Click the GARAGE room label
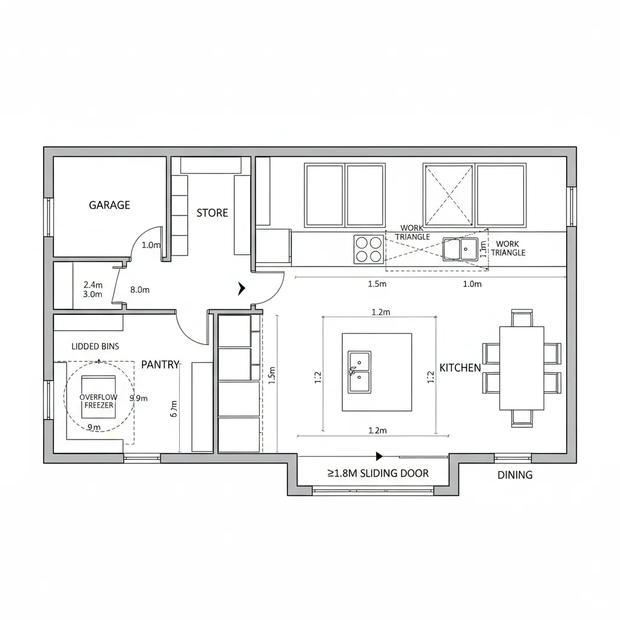point(110,205)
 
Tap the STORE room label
point(213,213)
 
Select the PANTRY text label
point(160,364)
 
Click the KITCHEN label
point(460,368)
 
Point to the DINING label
point(515,475)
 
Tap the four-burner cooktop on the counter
point(369,249)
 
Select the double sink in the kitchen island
point(359,371)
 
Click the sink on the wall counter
point(460,249)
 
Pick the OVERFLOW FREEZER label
point(99,401)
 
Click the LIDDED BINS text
point(95,347)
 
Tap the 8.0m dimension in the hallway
point(140,290)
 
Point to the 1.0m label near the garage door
point(151,245)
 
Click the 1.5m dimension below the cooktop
point(378,284)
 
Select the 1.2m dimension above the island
point(380,312)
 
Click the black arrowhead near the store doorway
point(242,289)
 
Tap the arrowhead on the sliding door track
point(380,456)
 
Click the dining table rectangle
point(521,368)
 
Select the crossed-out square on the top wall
point(448,195)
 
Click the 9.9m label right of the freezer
point(139,398)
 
